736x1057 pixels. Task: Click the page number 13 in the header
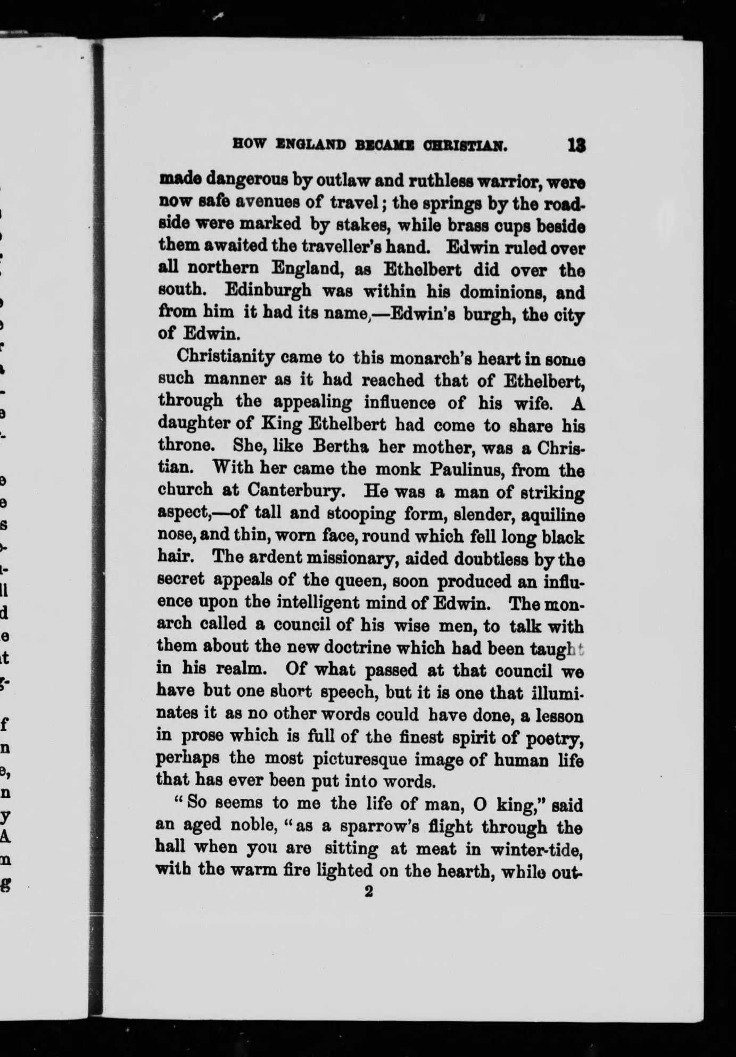(576, 145)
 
